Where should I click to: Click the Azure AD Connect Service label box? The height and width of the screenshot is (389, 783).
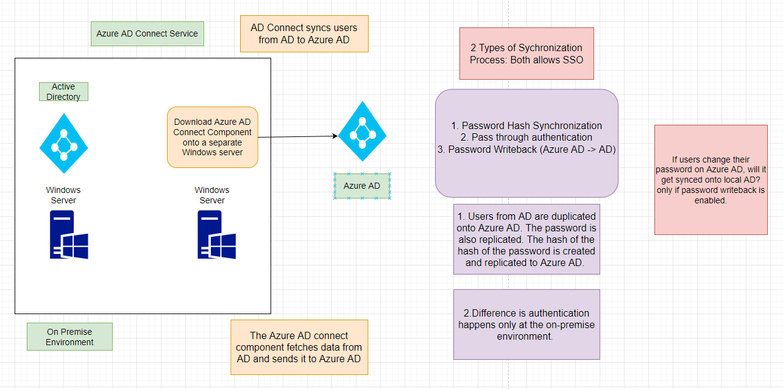147,33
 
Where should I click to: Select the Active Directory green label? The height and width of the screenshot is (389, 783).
63,91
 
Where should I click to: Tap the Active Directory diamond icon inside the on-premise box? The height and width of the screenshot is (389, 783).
63,143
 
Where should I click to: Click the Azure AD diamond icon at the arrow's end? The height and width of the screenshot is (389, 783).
363,131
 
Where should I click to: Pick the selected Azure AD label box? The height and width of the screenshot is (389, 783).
362,186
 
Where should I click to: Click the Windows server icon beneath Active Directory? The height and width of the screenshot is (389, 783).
69,234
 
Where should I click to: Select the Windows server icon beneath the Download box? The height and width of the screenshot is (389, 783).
217,234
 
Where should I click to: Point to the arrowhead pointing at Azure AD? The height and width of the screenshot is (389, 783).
335,136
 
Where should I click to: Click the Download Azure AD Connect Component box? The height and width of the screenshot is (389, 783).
213,137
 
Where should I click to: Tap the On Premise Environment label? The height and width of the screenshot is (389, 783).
69,337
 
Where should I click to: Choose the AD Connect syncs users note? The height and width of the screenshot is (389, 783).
304,33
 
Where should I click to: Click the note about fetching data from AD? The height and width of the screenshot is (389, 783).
299,347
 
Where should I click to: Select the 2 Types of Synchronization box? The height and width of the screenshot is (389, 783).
526,54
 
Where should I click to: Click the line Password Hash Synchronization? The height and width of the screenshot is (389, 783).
526,125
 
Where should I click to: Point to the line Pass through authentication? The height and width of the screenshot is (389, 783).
526,137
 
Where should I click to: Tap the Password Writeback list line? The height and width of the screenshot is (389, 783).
526,150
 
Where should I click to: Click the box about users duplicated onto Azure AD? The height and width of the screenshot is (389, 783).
526,239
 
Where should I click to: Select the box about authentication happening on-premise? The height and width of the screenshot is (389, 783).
526,324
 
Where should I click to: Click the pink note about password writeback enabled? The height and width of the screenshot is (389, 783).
711,180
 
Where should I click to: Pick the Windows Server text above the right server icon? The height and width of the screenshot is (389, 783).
212,195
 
